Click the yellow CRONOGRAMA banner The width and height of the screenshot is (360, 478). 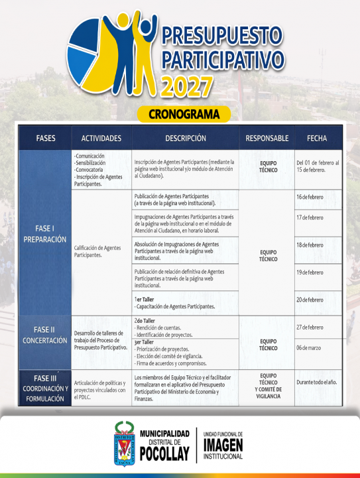point(184,114)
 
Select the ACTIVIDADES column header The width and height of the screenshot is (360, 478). point(101,139)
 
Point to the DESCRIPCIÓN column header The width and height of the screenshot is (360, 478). point(186,139)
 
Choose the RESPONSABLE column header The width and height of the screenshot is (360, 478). point(267,139)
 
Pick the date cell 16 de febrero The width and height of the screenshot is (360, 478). point(310,197)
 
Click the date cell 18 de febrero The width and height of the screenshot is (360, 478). point(310,245)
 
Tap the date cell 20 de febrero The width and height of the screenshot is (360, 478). point(310,300)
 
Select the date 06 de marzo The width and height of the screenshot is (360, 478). point(308,347)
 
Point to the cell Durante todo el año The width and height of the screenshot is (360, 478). point(318,383)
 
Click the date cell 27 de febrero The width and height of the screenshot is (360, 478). point(310,327)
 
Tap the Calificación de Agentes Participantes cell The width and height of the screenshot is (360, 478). point(98,251)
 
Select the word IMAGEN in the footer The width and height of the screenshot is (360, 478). point(223,444)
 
